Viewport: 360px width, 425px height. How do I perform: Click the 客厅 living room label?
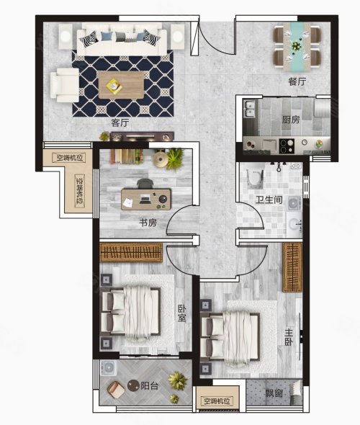(120, 122)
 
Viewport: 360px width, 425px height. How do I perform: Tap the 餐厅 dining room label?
(297, 81)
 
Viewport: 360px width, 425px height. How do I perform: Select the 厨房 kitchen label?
(291, 120)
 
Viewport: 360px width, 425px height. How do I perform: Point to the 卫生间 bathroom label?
(269, 200)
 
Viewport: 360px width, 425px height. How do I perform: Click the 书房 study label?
(148, 223)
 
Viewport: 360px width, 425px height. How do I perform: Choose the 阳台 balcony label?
(149, 386)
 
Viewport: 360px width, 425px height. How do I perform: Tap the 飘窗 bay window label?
(274, 393)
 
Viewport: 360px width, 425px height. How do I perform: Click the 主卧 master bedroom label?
(289, 337)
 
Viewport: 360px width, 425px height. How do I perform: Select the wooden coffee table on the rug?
(121, 85)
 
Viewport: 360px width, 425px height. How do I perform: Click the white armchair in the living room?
(65, 85)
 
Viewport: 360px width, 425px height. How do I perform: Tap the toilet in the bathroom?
(255, 178)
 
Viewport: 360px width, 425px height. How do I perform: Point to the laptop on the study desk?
(145, 199)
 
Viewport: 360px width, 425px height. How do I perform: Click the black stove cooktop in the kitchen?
(287, 146)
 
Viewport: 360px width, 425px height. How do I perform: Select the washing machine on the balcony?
(108, 368)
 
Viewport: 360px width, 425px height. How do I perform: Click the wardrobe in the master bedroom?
(292, 267)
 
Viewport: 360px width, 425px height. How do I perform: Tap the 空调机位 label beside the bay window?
(217, 401)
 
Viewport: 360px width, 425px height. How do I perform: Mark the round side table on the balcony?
(133, 385)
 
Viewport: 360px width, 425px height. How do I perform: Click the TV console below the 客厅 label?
(142, 136)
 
